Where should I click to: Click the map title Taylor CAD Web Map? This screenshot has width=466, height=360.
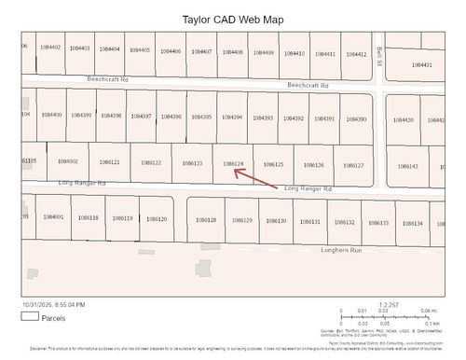tap(233, 19)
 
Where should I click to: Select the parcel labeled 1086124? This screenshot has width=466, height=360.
tap(234, 163)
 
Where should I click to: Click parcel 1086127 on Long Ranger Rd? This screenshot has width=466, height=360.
tap(353, 165)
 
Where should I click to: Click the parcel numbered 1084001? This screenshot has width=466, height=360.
tap(53, 216)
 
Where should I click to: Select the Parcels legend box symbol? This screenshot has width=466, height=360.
tap(29, 316)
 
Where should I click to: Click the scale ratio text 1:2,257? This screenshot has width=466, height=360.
tap(389, 304)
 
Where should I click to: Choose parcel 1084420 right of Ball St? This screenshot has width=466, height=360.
tap(403, 120)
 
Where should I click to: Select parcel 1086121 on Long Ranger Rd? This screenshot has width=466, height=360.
tap(109, 162)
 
